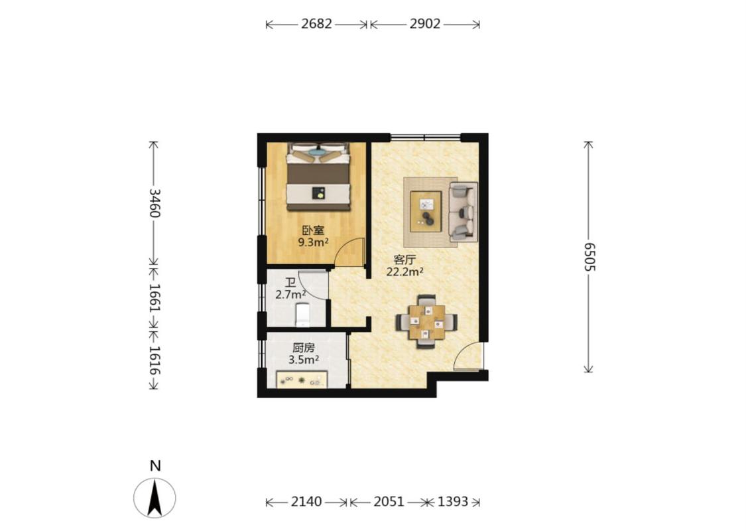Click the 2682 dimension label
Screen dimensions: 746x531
click(x=316, y=24)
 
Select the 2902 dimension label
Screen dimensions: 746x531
click(x=425, y=24)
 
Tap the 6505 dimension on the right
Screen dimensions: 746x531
click(x=590, y=256)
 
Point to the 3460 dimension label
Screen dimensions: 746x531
click(x=155, y=203)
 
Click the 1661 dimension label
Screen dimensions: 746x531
click(x=155, y=298)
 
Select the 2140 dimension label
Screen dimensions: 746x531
click(x=306, y=502)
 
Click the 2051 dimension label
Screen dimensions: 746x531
click(x=389, y=502)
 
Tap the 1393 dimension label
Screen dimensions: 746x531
click(x=453, y=502)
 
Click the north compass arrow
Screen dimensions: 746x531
click(x=155, y=498)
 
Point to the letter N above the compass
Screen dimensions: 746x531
click(x=155, y=465)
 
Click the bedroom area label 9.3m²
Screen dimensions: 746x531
click(x=313, y=242)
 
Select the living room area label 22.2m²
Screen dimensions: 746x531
click(x=405, y=272)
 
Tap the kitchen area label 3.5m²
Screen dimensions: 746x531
click(x=304, y=360)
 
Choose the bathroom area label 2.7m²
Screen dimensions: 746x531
click(x=290, y=294)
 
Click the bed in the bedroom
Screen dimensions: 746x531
click(x=318, y=176)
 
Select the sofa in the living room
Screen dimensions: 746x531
click(x=463, y=211)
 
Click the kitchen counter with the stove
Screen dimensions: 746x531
click(x=302, y=380)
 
